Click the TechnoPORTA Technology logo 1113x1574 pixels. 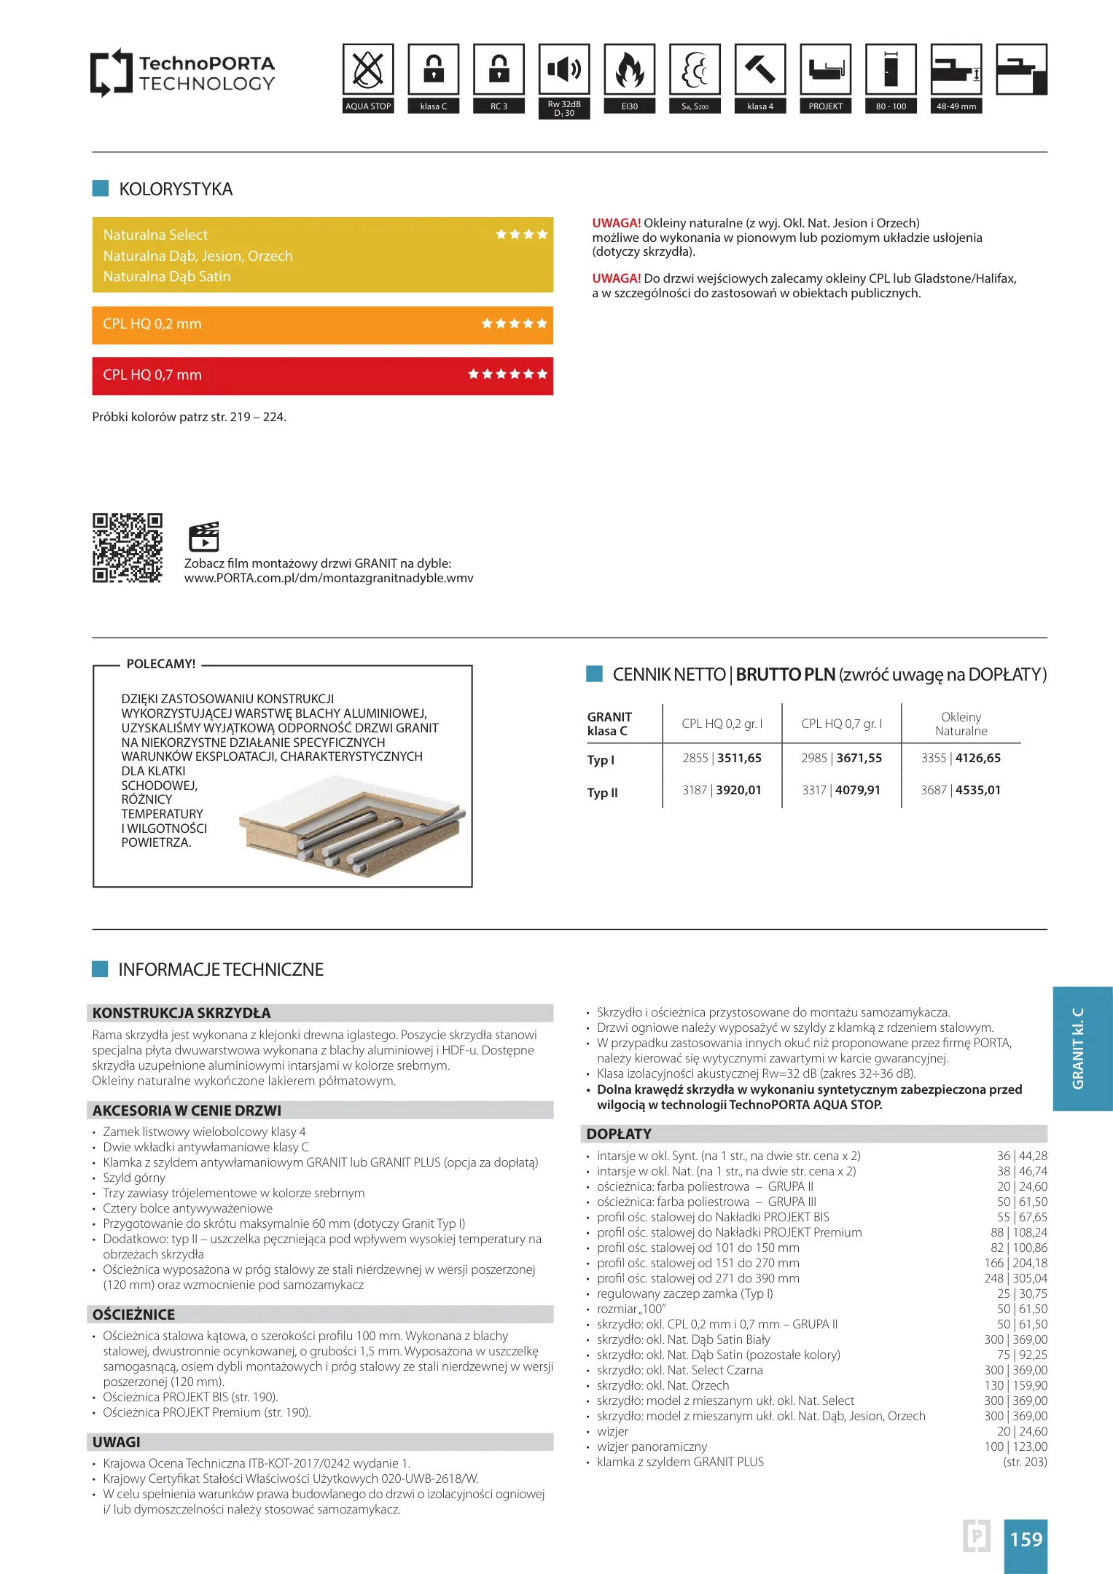[182, 73]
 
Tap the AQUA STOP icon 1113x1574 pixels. [368, 70]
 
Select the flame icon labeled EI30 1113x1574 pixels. [630, 70]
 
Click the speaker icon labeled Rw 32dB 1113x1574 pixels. [564, 70]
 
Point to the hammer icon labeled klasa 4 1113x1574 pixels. [760, 70]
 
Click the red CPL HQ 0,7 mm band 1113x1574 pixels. [322, 375]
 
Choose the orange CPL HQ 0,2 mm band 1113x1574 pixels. [322, 324]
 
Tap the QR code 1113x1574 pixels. [128, 548]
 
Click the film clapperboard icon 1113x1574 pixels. [203, 537]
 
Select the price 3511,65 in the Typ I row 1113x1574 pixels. [739, 758]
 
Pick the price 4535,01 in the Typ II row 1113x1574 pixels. [978, 790]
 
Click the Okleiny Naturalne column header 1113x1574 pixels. [961, 724]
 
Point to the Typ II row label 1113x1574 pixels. [603, 793]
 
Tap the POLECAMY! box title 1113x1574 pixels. [161, 664]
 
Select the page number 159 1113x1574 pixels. [1026, 1539]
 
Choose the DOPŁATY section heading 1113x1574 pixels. [619, 1134]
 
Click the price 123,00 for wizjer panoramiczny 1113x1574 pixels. [1033, 1446]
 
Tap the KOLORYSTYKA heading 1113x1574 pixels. [176, 189]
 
